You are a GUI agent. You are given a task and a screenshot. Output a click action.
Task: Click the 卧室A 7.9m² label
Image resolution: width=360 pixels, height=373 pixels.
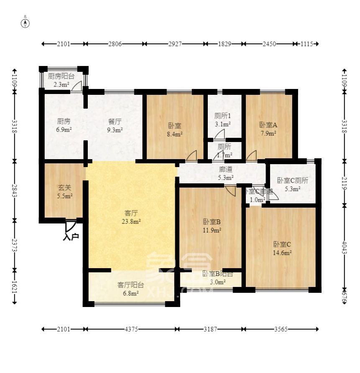[x=268, y=129]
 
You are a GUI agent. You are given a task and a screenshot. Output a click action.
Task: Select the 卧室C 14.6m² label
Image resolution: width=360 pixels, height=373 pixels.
[x=282, y=248]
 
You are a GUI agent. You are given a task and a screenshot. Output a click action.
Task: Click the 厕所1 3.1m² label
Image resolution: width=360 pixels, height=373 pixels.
[x=222, y=120]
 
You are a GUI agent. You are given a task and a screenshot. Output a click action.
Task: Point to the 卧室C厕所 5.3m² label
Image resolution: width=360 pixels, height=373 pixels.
[x=293, y=185]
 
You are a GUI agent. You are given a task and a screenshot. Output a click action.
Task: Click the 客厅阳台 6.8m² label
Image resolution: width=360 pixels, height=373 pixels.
[x=130, y=289]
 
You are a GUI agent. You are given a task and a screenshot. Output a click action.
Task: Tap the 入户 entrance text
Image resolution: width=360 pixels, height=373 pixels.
[x=71, y=237]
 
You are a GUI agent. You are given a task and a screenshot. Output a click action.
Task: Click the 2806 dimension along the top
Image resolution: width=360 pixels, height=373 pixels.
[x=115, y=44]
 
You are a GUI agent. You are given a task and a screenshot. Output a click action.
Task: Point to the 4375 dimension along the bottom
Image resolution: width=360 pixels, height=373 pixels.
[x=130, y=329]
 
